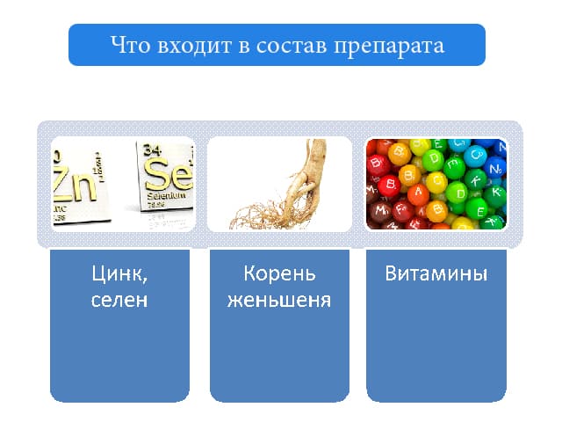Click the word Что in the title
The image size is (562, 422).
pos(130,45)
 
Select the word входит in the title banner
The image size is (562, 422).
pos(194,46)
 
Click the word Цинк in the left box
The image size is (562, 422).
pos(119,274)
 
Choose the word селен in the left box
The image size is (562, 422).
pos(119,301)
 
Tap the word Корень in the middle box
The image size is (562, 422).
pos(279,273)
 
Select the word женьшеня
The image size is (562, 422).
pos(279,301)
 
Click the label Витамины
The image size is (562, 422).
pos(436,273)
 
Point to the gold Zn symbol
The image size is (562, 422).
pos(75,183)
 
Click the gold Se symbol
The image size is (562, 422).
pos(169,175)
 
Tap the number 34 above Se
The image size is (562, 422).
pos(152,149)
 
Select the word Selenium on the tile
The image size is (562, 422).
pos(166,196)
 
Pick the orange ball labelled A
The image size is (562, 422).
pos(418,194)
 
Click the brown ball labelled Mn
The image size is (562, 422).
pos(381,212)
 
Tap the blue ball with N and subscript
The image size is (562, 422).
pos(495,168)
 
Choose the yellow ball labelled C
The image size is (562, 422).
pos(436,181)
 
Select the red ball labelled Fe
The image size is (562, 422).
pos(403,210)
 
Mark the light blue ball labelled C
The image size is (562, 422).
pos(475,156)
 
